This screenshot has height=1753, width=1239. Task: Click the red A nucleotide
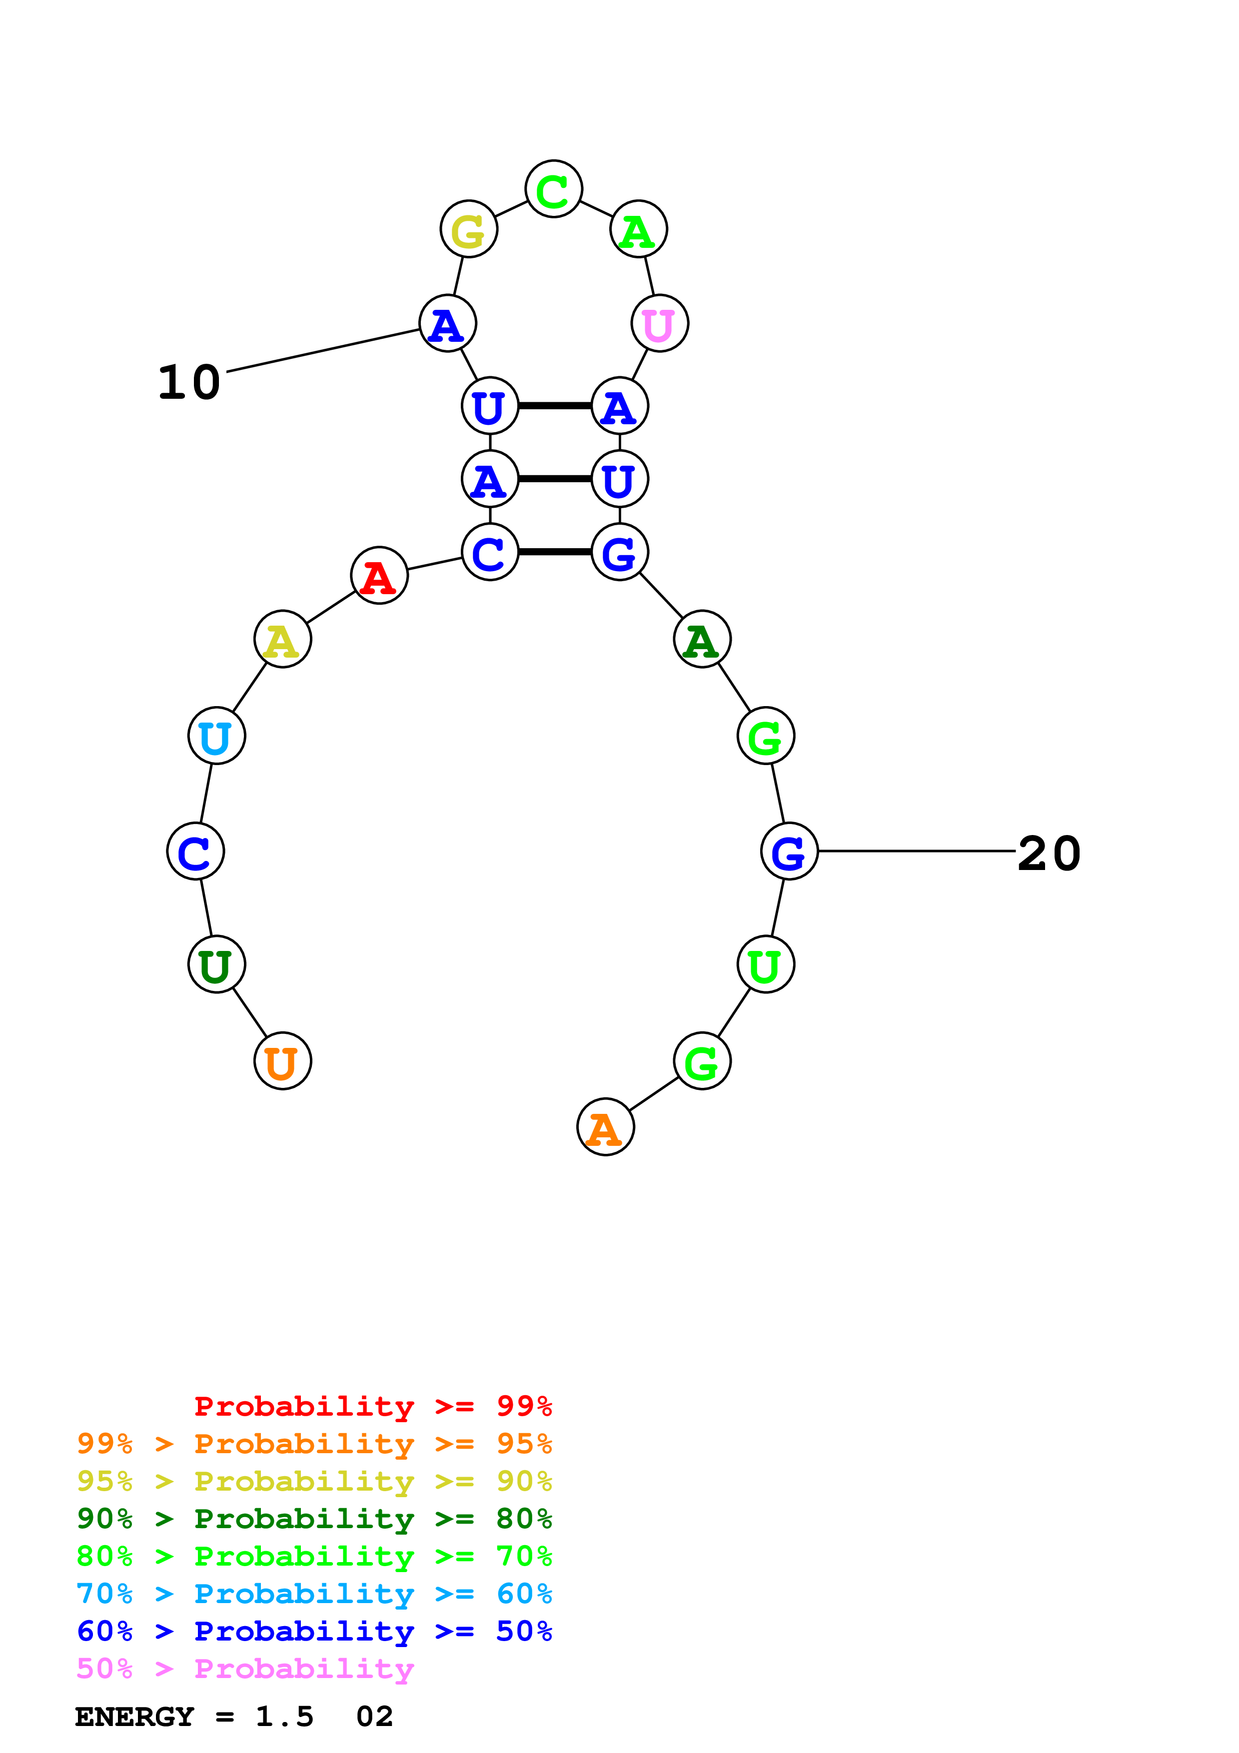coord(379,576)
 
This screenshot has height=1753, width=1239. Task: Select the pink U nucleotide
coord(660,324)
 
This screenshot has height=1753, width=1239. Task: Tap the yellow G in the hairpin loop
coord(469,229)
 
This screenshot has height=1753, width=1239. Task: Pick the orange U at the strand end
coord(282,1061)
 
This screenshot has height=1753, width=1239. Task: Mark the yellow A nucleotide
coord(282,639)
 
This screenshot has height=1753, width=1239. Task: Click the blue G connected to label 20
coord(789,852)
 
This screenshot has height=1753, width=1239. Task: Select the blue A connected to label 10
coord(448,324)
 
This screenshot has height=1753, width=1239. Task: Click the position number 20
coord(1049,853)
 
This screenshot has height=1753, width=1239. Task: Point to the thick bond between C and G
coord(555,551)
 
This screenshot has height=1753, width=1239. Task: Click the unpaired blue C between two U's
coord(195,852)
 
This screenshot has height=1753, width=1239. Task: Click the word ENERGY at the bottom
coord(134,1717)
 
